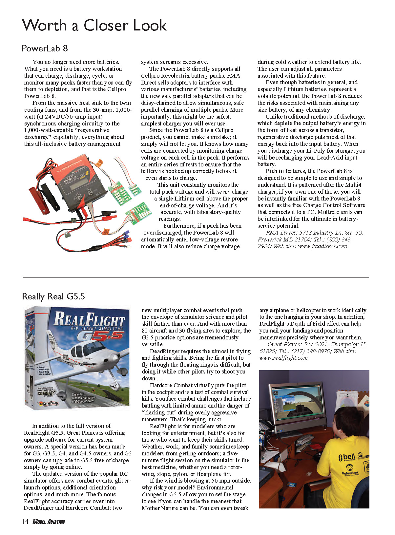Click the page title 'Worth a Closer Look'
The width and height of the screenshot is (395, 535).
[x=94, y=26]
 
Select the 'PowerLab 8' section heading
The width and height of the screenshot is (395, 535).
[x=45, y=48]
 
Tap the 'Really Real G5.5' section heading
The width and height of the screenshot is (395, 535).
[x=53, y=296]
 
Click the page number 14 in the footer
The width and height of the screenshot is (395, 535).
[x=25, y=521]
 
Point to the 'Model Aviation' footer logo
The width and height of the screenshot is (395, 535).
[x=49, y=522]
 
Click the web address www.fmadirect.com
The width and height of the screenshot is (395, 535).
[x=322, y=246]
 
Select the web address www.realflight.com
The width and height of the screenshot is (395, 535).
[x=283, y=358]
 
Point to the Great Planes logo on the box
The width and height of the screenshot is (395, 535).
[x=49, y=403]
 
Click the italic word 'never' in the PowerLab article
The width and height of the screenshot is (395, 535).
[x=223, y=192]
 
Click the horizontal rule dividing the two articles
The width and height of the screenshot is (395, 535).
[x=196, y=277]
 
